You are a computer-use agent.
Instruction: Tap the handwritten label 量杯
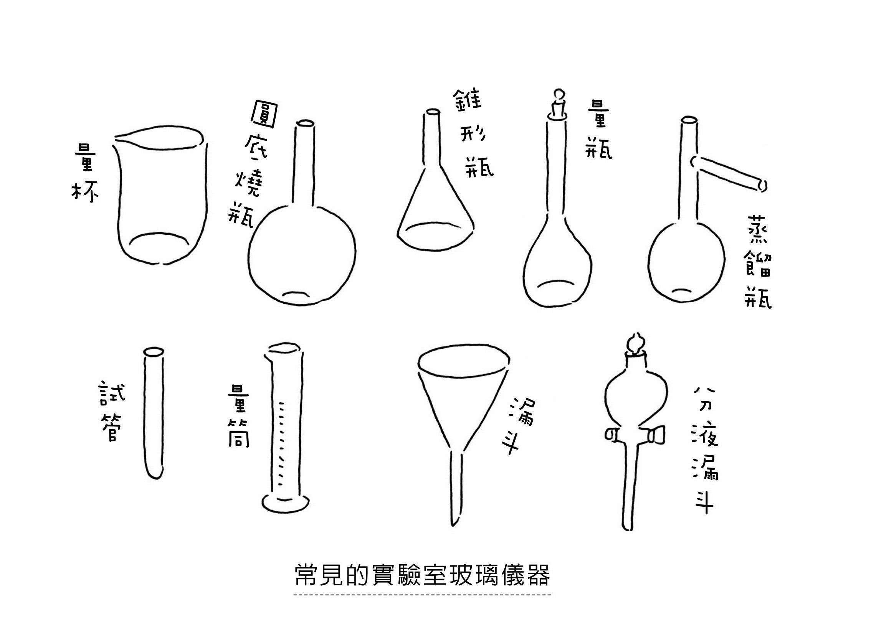point(84,176)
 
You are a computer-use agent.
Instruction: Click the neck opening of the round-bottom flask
point(306,124)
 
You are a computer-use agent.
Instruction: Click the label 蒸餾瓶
point(758,266)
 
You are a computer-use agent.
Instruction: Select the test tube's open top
point(153,351)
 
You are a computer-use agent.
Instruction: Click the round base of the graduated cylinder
point(286,502)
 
